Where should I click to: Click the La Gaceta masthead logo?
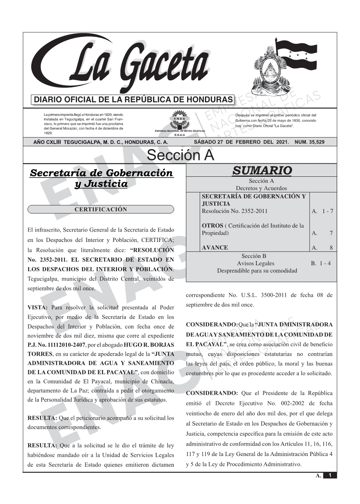[122, 65]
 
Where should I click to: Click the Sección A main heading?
[180, 155]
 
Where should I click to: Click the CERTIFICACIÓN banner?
[101, 210]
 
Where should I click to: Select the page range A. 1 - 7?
[322, 211]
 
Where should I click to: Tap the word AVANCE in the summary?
[215, 248]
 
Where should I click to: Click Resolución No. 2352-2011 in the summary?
[234, 211]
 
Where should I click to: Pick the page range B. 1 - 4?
[321, 263]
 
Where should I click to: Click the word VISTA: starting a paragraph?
[37, 307]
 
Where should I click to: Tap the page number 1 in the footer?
[330, 475]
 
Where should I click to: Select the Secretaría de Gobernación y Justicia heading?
[101, 178]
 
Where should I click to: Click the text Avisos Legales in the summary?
[255, 263]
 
